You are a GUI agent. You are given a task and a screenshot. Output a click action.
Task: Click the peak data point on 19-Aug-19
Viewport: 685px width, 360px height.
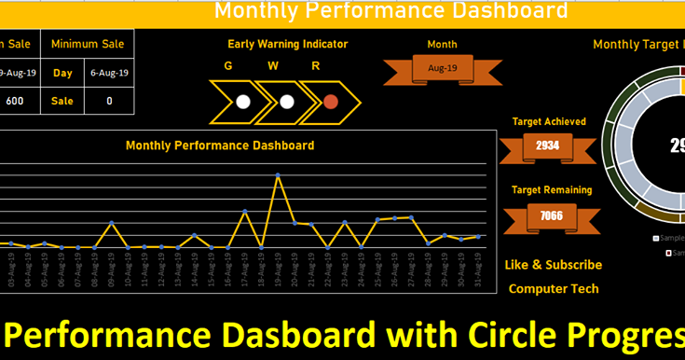tap(278, 174)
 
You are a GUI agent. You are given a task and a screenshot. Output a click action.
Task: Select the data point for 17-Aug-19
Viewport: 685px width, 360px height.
tap(244, 212)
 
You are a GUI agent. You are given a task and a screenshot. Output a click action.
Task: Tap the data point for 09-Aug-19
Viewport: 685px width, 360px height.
tap(112, 223)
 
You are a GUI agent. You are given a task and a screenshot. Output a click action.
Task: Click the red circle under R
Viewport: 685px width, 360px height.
tap(330, 102)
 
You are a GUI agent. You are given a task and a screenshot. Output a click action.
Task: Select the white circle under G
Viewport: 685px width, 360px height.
tap(243, 102)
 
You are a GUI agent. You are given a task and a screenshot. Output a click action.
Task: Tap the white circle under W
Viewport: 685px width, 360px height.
tap(287, 102)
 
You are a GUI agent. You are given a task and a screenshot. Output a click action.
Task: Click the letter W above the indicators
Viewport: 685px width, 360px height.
tap(273, 66)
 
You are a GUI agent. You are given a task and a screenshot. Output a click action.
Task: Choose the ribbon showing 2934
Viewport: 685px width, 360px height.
tap(548, 146)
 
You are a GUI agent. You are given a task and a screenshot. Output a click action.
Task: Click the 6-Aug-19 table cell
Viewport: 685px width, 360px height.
tap(110, 72)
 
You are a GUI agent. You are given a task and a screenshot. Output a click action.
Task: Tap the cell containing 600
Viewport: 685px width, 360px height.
tap(15, 101)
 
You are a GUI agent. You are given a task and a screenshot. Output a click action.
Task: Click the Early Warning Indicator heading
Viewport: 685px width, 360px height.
tap(287, 44)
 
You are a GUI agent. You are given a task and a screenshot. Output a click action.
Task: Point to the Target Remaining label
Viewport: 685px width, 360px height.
tap(551, 190)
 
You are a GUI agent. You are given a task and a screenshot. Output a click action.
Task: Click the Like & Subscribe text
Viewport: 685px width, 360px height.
tap(553, 265)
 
